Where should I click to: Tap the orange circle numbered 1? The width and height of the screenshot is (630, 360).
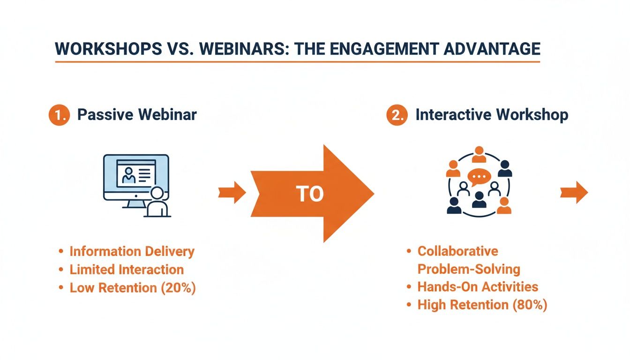click(x=59, y=115)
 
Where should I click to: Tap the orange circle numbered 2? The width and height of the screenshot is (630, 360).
click(x=397, y=115)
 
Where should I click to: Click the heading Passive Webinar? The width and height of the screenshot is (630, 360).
click(x=137, y=115)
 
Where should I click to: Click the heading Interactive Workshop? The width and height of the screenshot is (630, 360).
click(x=492, y=115)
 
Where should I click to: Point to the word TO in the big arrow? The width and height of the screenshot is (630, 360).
click(x=310, y=194)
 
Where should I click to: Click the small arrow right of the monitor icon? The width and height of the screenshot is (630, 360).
click(x=232, y=193)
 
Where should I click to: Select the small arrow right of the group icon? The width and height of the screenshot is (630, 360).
click(x=574, y=193)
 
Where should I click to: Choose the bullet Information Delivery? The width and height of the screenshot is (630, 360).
click(x=132, y=251)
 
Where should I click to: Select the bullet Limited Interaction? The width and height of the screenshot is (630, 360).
click(x=127, y=270)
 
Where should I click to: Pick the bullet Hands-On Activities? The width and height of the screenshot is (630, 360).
click(x=478, y=287)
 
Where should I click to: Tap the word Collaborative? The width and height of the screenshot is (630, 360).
click(x=457, y=251)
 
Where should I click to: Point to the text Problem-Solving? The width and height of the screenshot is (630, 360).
click(x=469, y=269)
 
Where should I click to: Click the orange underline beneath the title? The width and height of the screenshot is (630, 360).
click(x=298, y=61)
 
